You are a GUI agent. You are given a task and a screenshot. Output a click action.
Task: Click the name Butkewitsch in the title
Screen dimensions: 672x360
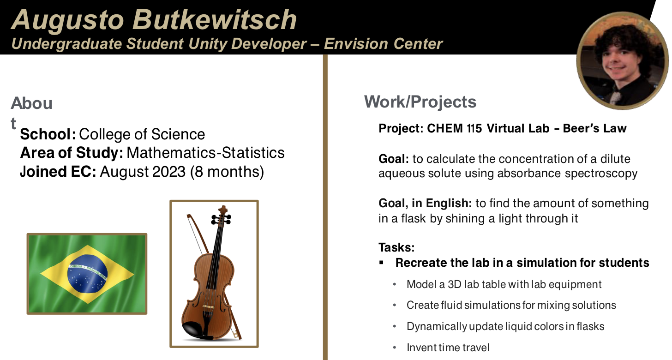(x=215, y=20)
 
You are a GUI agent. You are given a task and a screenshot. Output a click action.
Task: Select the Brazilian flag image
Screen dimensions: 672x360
(x=87, y=274)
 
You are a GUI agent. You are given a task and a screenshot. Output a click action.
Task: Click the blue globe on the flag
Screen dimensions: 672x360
(x=87, y=274)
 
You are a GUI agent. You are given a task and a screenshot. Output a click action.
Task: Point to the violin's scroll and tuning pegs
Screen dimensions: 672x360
(x=222, y=216)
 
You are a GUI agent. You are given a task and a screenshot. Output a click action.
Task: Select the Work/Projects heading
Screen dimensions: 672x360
(x=420, y=102)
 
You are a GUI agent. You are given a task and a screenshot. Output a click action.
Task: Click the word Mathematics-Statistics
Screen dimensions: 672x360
(x=205, y=153)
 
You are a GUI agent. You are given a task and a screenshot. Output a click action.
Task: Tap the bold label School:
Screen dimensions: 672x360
(x=48, y=134)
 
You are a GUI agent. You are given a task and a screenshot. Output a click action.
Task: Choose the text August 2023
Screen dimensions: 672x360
(x=143, y=172)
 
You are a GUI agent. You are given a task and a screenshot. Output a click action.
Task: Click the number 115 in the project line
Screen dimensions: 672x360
(x=474, y=128)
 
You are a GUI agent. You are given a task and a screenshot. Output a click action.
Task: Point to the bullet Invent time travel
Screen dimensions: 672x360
(x=448, y=348)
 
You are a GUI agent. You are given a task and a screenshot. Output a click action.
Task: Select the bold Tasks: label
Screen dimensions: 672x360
(x=396, y=247)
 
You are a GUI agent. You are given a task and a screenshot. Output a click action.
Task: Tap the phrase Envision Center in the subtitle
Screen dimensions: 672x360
(x=383, y=44)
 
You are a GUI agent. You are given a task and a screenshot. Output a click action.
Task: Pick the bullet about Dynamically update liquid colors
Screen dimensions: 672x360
(x=505, y=326)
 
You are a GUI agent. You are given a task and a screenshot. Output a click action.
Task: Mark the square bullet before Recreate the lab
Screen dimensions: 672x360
(x=381, y=263)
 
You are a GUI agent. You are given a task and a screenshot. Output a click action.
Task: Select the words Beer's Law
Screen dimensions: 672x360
(x=594, y=128)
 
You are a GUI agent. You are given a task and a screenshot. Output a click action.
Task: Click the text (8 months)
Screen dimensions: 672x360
(x=227, y=172)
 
